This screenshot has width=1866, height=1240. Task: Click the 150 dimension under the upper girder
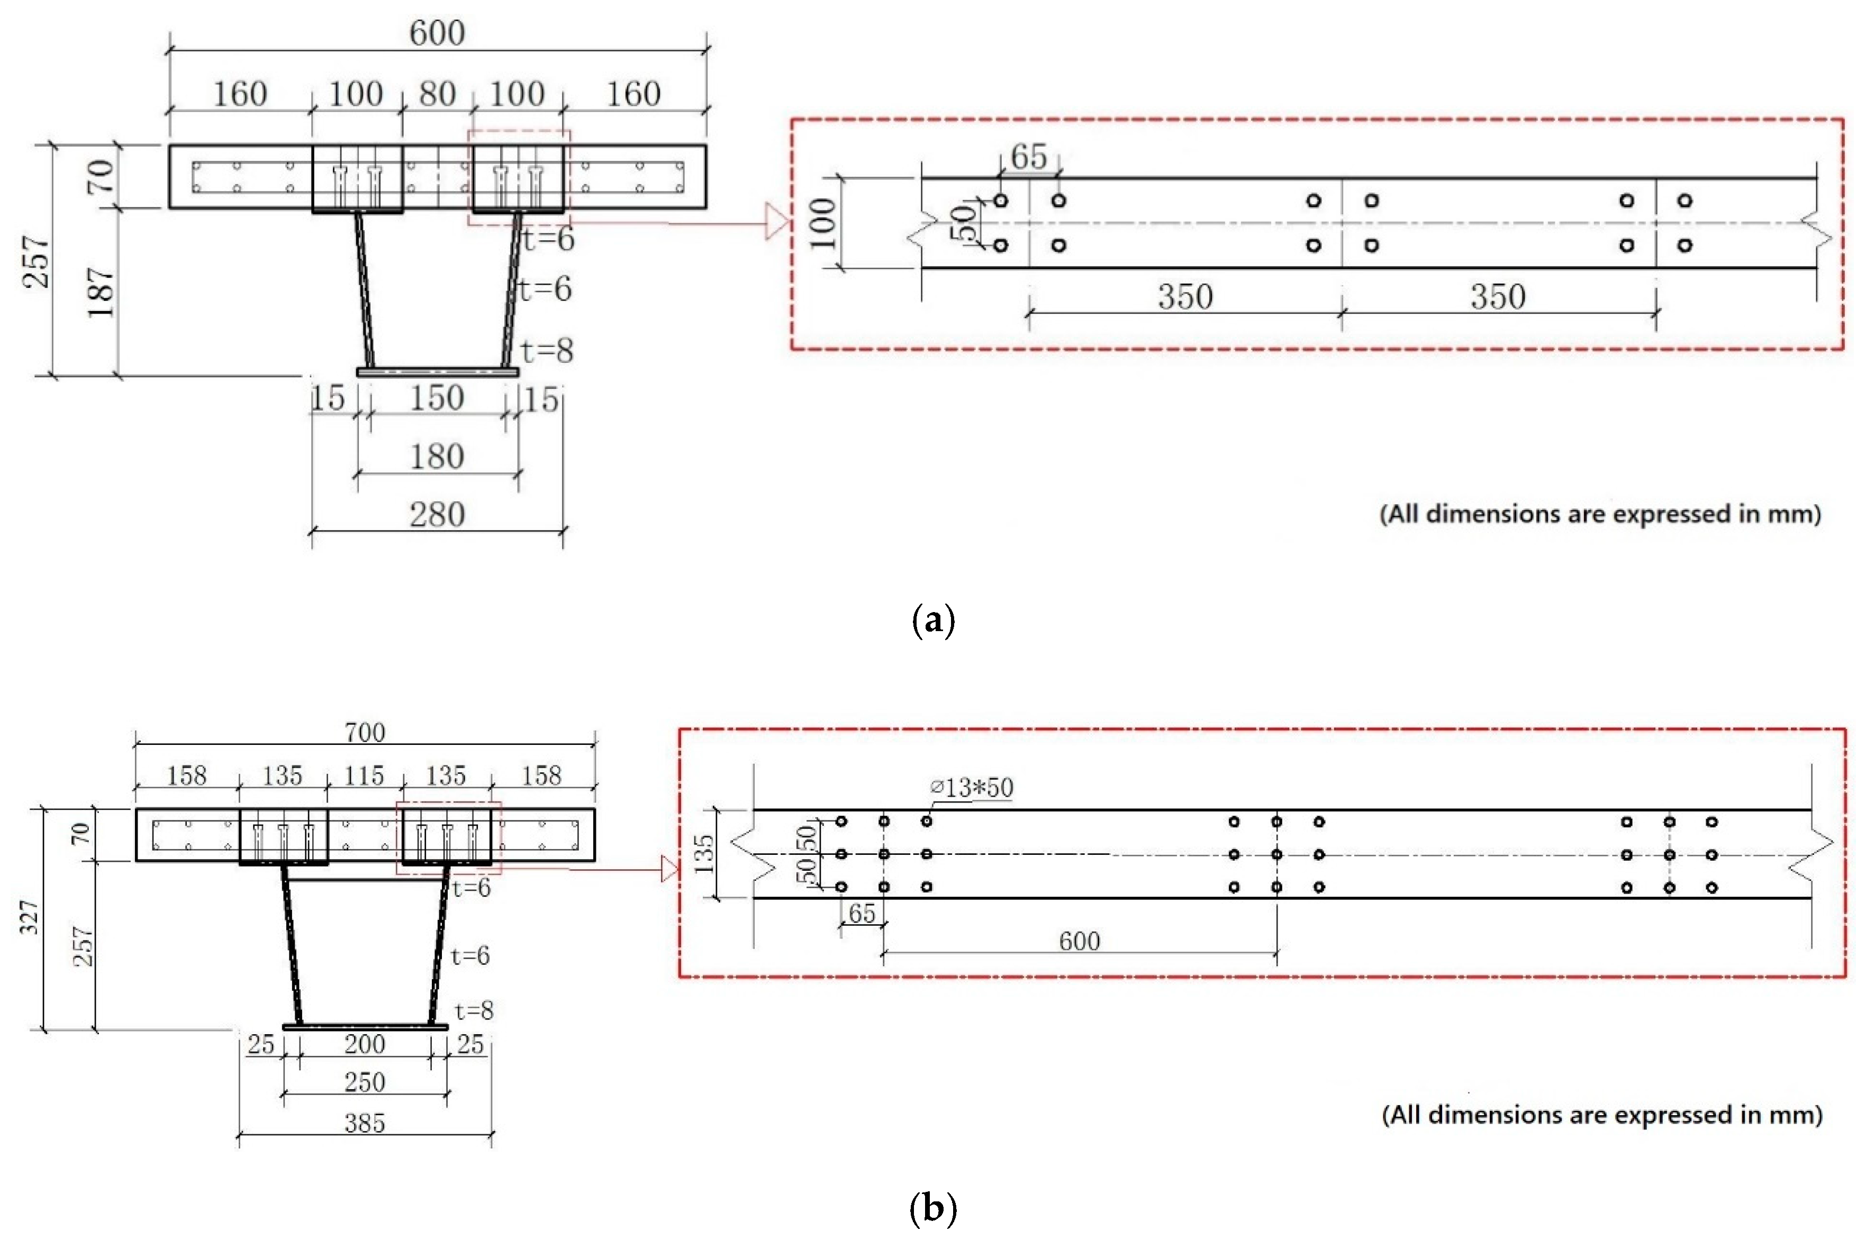[437, 398]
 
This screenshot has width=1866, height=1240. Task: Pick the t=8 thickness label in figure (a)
[547, 350]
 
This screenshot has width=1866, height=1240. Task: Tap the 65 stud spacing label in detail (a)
[1028, 157]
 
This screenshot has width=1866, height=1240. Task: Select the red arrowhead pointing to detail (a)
[777, 222]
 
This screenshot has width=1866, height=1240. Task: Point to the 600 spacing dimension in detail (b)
[1079, 941]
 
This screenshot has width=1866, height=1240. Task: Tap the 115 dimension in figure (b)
[365, 776]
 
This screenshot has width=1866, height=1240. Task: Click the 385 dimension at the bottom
[365, 1123]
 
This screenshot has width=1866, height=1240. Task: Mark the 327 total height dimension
[29, 917]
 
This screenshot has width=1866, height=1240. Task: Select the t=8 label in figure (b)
[474, 1010]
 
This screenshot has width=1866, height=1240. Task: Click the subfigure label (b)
[934, 1208]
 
